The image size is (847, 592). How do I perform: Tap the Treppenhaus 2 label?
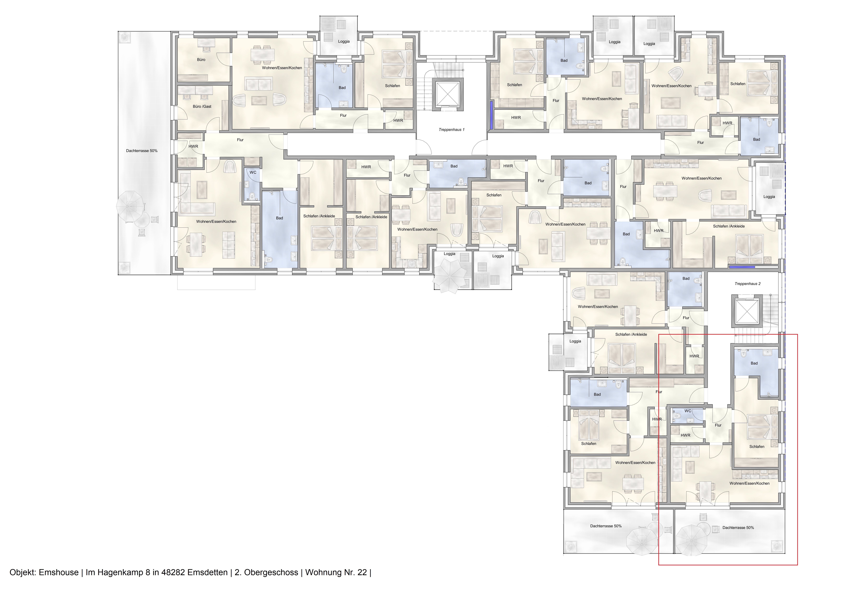tap(747, 284)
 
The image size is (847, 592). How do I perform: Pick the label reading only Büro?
tap(201, 59)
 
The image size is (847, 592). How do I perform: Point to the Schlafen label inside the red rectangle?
tap(757, 446)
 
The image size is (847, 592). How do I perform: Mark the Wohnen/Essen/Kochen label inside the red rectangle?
tap(749, 483)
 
